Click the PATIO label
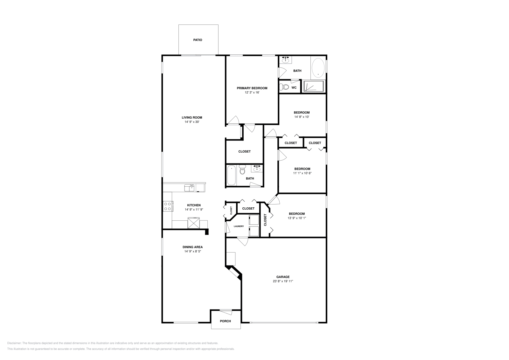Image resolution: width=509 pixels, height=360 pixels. [x=198, y=40]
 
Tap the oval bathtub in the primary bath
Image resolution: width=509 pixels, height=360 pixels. [x=318, y=68]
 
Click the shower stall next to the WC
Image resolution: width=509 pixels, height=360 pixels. [x=313, y=86]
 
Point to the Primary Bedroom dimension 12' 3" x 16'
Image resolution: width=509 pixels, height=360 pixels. [x=252, y=93]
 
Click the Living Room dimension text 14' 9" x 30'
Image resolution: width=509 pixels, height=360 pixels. [x=192, y=122]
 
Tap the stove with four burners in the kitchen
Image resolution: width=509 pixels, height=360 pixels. [x=168, y=206]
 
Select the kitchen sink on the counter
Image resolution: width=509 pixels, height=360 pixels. [x=190, y=188]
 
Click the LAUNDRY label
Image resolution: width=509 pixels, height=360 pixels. [x=239, y=226]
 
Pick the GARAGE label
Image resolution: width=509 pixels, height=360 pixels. [x=283, y=277]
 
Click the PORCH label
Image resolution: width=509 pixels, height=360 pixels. [x=225, y=321]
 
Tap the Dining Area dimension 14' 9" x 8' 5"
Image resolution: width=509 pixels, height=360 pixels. [x=192, y=251]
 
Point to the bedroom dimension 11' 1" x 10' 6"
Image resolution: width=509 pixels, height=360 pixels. [x=302, y=173]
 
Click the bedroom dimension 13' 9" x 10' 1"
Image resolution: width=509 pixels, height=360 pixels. [x=296, y=218]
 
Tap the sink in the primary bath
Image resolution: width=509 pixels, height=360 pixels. [x=286, y=59]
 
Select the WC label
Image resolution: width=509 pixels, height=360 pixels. [x=294, y=87]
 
